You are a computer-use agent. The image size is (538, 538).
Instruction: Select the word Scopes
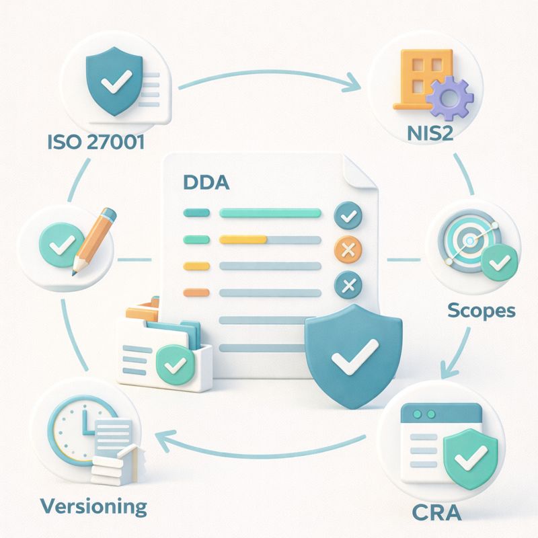coord(481,311)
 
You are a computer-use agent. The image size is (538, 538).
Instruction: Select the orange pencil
coord(94,239)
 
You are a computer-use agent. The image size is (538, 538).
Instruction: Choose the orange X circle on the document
coord(348,252)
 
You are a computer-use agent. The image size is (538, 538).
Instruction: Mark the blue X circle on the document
coord(348,285)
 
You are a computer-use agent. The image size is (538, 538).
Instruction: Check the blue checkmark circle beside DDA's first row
coord(348,216)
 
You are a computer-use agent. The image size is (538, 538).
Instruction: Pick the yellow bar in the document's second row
coord(243,239)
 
